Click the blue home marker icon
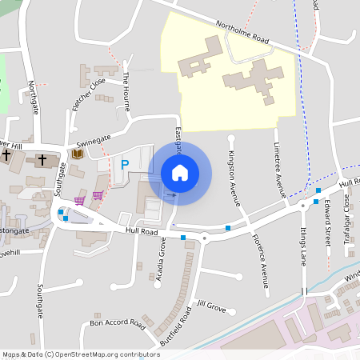180,173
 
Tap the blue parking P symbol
124,165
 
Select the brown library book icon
78,154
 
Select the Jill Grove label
212,306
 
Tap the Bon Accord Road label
117,324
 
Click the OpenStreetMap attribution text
81,354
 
